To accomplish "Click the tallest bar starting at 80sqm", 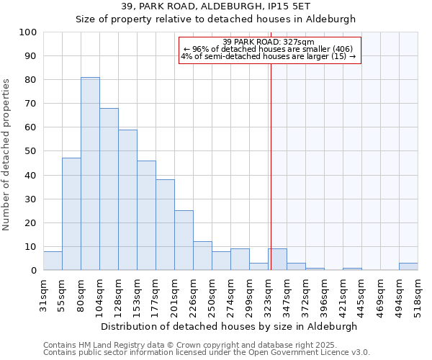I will tap(90, 174).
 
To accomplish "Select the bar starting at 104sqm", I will tap(109, 189).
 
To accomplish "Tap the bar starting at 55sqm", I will tap(71, 214).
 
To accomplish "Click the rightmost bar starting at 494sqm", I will tap(408, 266).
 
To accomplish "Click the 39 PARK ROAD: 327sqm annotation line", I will tap(269, 42).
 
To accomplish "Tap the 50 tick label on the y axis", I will tap(32, 151).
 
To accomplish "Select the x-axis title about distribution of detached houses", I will tap(229, 326).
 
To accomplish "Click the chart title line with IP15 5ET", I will tap(216, 6).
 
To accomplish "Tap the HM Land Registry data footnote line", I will tap(189, 345).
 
